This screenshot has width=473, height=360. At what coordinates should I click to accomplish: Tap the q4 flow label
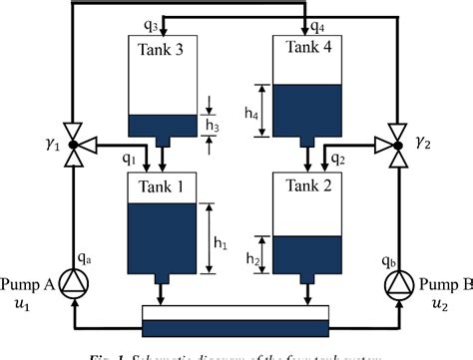coord(318,27)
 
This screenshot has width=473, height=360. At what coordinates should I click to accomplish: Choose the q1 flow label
coord(129,158)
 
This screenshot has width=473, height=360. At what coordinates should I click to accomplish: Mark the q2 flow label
coord(338,158)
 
